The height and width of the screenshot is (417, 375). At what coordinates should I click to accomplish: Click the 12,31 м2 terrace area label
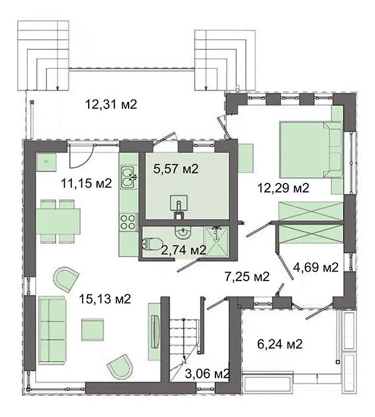pos(111,104)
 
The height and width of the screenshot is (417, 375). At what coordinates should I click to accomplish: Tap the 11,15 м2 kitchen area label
pos(86,183)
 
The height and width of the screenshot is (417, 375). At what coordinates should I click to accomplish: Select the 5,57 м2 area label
pos(176,169)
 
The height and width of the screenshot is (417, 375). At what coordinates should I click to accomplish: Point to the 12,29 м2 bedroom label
pos(283,188)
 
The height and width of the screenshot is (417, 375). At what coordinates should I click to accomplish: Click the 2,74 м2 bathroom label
pos(184,250)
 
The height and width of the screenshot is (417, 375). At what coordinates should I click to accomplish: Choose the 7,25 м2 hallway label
pos(247,276)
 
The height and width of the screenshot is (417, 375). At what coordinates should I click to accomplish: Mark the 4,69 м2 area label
pos(315,267)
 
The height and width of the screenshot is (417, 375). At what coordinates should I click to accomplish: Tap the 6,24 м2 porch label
pos(280,344)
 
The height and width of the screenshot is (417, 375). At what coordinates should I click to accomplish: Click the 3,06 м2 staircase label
pos(207,374)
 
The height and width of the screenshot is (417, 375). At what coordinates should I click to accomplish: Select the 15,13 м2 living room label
pos(105,299)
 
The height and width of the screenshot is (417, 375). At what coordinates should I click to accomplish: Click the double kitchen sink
pos(129,177)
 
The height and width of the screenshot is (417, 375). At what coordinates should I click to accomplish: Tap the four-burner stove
pos(129,222)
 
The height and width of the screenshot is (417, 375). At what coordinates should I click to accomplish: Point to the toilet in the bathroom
pos(152,244)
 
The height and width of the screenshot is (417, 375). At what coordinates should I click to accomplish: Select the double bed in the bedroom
pos(311,150)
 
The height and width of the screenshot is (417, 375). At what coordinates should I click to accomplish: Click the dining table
pos(58,221)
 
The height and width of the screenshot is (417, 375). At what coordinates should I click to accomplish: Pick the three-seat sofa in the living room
pos(52,331)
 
